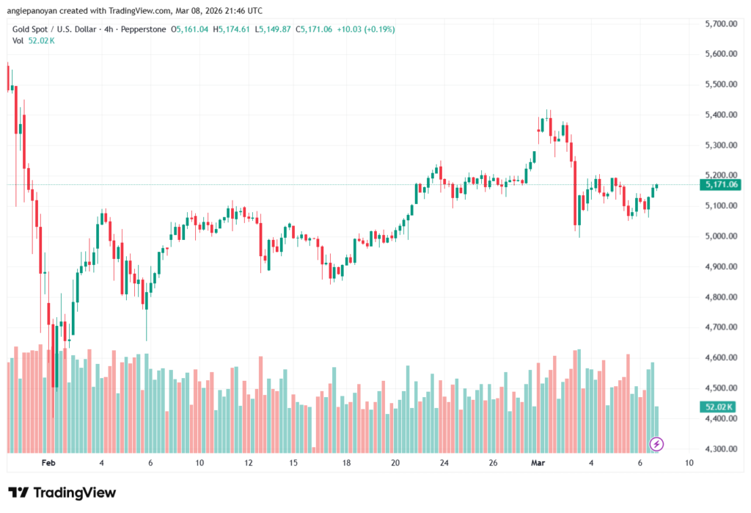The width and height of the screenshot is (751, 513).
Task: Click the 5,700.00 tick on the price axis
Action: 719,24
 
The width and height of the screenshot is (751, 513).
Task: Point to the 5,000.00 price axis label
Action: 719,236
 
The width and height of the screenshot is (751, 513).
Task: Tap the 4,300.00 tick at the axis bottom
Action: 719,449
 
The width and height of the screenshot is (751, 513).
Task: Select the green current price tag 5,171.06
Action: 721,185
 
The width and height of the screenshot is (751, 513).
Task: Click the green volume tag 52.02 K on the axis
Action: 719,407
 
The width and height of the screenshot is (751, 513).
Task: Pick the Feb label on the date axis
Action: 48,464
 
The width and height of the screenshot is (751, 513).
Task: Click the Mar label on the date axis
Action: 536,464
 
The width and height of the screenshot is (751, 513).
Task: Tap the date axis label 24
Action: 444,464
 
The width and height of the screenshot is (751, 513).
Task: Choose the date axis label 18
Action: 346,464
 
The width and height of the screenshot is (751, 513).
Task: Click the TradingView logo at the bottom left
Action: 62,493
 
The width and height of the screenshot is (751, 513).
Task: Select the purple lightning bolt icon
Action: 657,443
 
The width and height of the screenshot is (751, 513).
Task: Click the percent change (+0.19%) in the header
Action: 375,29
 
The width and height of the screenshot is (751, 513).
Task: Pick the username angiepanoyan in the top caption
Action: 32,10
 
